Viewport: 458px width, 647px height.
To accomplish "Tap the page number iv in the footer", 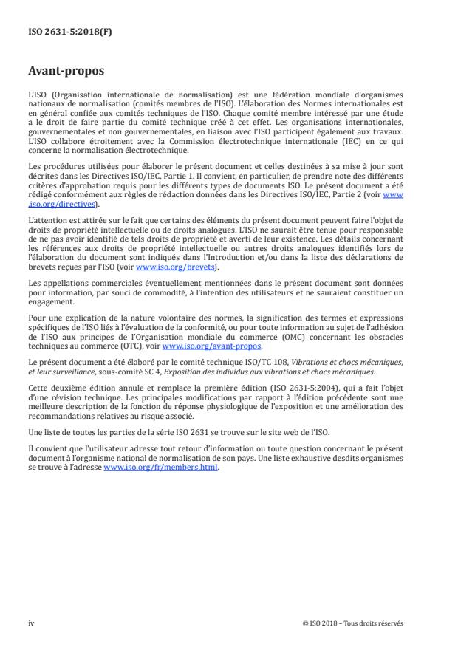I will point(32,623).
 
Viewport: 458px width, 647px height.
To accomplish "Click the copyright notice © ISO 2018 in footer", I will point(352,623).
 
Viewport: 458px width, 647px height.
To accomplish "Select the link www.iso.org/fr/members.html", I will point(160,467).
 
